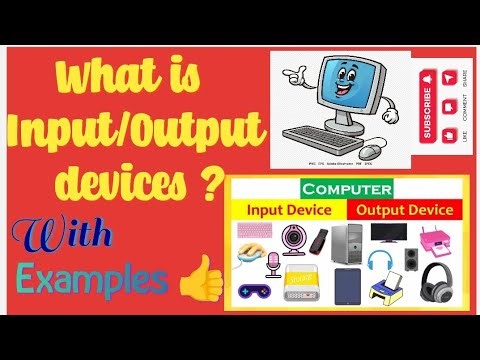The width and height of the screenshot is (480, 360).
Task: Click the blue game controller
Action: point(254,293)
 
